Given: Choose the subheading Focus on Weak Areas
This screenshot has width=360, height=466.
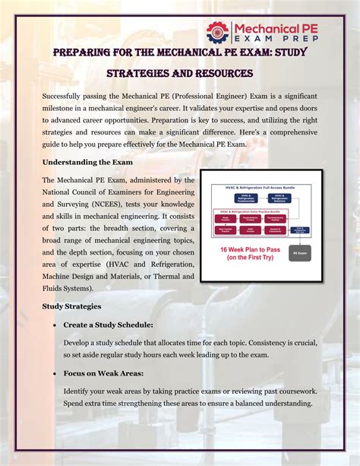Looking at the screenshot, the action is [x=104, y=373].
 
